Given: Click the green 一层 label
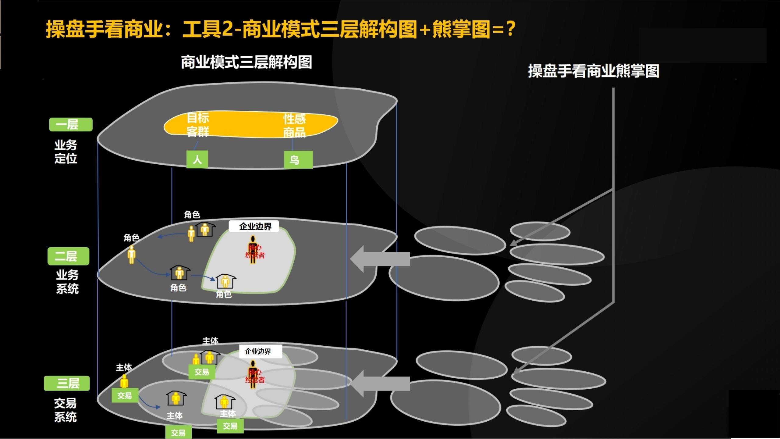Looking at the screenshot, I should [x=71, y=124].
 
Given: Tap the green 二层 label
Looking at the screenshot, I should [x=68, y=256].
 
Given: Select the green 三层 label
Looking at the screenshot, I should [x=67, y=383].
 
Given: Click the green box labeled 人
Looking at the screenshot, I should [x=197, y=159].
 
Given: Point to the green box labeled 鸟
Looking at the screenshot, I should [x=298, y=160].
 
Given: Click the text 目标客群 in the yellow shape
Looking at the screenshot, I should [x=198, y=125].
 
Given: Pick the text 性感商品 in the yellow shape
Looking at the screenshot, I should [x=294, y=126].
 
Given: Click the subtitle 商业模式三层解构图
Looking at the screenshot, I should [x=246, y=62].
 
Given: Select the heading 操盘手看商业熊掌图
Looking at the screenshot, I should [x=594, y=71].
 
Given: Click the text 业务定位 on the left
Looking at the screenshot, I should [x=66, y=152].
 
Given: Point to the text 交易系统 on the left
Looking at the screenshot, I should [x=65, y=410].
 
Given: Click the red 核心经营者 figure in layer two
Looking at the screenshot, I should [x=253, y=250].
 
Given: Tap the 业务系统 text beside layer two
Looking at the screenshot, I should [x=67, y=282].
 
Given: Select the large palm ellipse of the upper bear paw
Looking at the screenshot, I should [x=444, y=278].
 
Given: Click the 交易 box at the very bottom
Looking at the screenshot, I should [x=178, y=432].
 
